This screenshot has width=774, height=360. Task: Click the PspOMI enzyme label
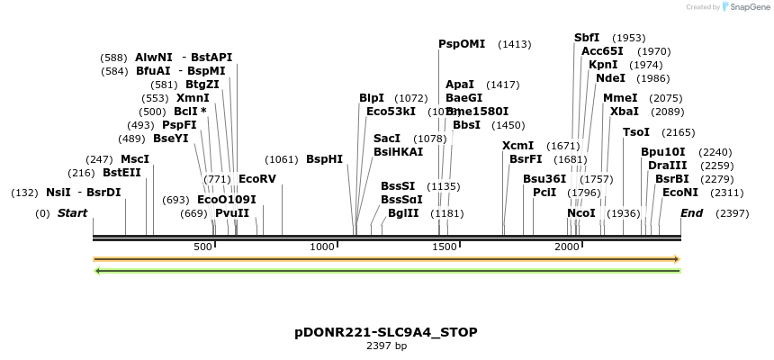(x=462, y=43)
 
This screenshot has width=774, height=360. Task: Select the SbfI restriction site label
(x=587, y=38)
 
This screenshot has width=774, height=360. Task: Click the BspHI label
(x=324, y=158)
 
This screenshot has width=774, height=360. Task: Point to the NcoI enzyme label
(x=580, y=213)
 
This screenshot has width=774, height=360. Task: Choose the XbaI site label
(x=624, y=112)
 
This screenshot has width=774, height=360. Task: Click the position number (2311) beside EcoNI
(x=727, y=193)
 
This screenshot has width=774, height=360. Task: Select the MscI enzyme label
(x=135, y=158)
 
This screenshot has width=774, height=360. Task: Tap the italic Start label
(x=72, y=213)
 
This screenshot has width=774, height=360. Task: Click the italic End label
(x=691, y=213)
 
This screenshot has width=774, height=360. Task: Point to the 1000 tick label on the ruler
(x=322, y=247)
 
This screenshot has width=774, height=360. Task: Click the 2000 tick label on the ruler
(x=566, y=247)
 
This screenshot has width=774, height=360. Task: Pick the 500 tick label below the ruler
(x=202, y=247)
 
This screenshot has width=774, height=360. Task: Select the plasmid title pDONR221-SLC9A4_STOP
(x=386, y=332)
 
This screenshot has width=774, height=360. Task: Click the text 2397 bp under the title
(x=386, y=346)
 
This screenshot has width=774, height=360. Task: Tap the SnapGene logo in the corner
(x=743, y=7)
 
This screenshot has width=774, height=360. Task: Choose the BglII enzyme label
(x=403, y=213)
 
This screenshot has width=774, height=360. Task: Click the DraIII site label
(x=667, y=166)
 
